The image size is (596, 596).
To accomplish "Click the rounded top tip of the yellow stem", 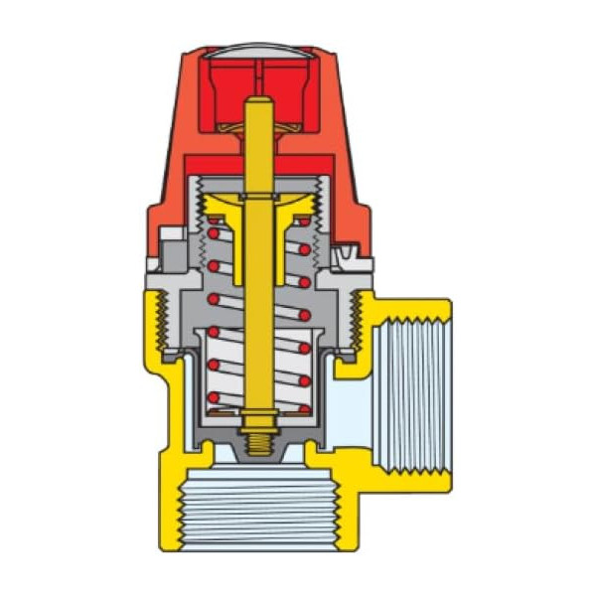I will point(256,103).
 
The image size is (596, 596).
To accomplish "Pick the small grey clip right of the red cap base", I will point(347,257).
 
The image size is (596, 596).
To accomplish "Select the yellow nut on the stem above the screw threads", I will point(256,420).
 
